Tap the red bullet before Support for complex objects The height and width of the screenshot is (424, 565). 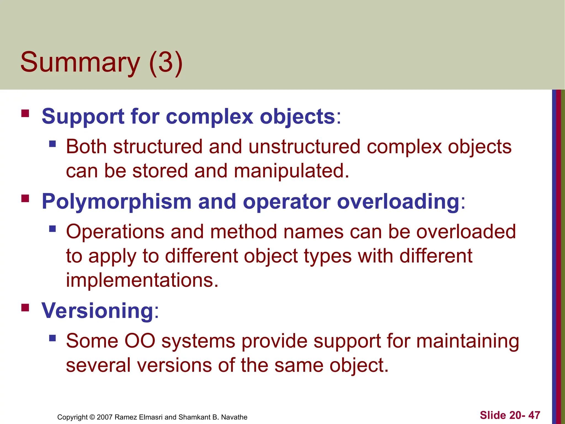pos(25,114)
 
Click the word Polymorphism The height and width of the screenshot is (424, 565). pos(116,202)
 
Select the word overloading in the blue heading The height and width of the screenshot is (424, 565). pos(398,202)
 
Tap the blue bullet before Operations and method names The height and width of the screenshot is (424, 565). pos(52,229)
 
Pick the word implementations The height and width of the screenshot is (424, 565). pos(142,280)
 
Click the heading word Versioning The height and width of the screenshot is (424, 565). pos(97,311)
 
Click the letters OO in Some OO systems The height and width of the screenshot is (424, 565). pos(140,341)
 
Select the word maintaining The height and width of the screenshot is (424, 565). pos(468,341)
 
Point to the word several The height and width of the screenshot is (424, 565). pos(98,365)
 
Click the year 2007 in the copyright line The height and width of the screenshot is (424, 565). pos(105,417)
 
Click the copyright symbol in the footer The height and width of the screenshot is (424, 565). pos(92,417)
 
